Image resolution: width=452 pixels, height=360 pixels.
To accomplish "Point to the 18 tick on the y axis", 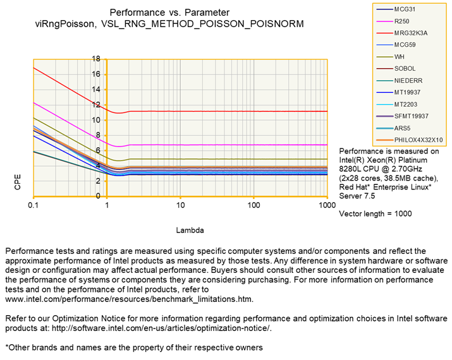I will pyautogui.click(x=95, y=59).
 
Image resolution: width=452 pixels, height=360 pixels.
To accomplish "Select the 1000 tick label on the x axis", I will pyautogui.click(x=327, y=207).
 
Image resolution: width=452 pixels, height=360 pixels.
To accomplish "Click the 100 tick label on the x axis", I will pyautogui.click(x=254, y=207).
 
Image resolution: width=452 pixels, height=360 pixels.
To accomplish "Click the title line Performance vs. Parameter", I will pyautogui.click(x=169, y=12).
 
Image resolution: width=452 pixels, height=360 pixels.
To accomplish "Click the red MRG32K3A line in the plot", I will pyautogui.click(x=221, y=111).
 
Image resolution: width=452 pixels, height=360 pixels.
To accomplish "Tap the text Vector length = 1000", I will pyautogui.click(x=376, y=214).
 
